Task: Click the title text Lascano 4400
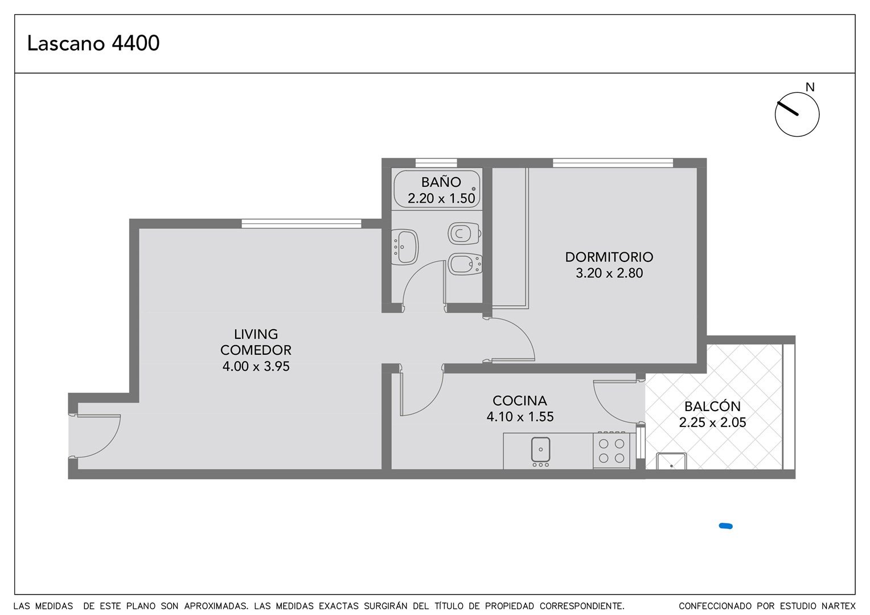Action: [93, 43]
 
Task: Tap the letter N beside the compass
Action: [810, 88]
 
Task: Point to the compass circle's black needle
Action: [787, 109]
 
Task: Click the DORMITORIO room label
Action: [609, 257]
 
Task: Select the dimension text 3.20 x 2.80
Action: [609, 273]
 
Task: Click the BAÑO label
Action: [441, 182]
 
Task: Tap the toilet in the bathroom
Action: [465, 233]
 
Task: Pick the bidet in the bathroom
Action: [465, 264]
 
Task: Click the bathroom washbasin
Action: [404, 247]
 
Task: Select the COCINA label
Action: [520, 400]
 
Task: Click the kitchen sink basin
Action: [541, 449]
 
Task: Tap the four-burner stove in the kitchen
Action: [612, 450]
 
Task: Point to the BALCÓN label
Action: [712, 406]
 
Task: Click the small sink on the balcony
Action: [671, 462]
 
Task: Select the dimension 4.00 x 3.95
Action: [256, 366]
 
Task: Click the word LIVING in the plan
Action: [256, 334]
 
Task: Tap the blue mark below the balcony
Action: [725, 526]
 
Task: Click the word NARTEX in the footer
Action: [838, 606]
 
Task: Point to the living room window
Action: [301, 223]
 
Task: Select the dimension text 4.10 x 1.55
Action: [520, 417]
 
